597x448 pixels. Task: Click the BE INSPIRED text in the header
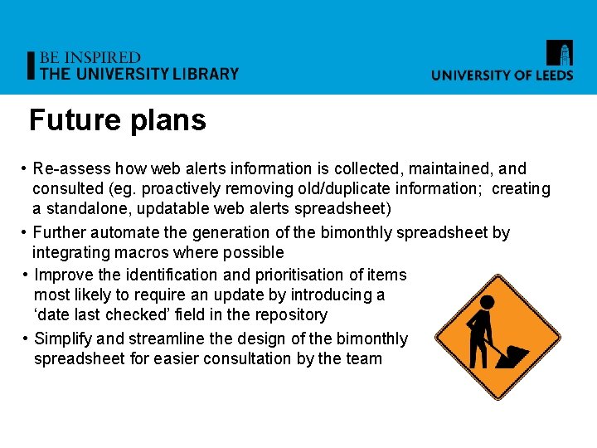click(90, 58)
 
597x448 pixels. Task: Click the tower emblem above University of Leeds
click(559, 53)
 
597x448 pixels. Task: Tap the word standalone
click(87, 209)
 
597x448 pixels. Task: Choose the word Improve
click(63, 275)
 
